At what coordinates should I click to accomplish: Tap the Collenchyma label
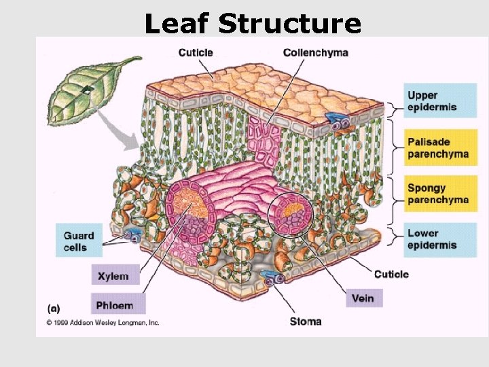click(315, 53)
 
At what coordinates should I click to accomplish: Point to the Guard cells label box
click(79, 241)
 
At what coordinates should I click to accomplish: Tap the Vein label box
click(363, 298)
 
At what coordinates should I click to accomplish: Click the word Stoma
click(306, 321)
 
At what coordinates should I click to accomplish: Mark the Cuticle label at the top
click(196, 52)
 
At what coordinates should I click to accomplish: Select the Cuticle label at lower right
click(391, 274)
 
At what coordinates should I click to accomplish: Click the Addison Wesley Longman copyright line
click(103, 323)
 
